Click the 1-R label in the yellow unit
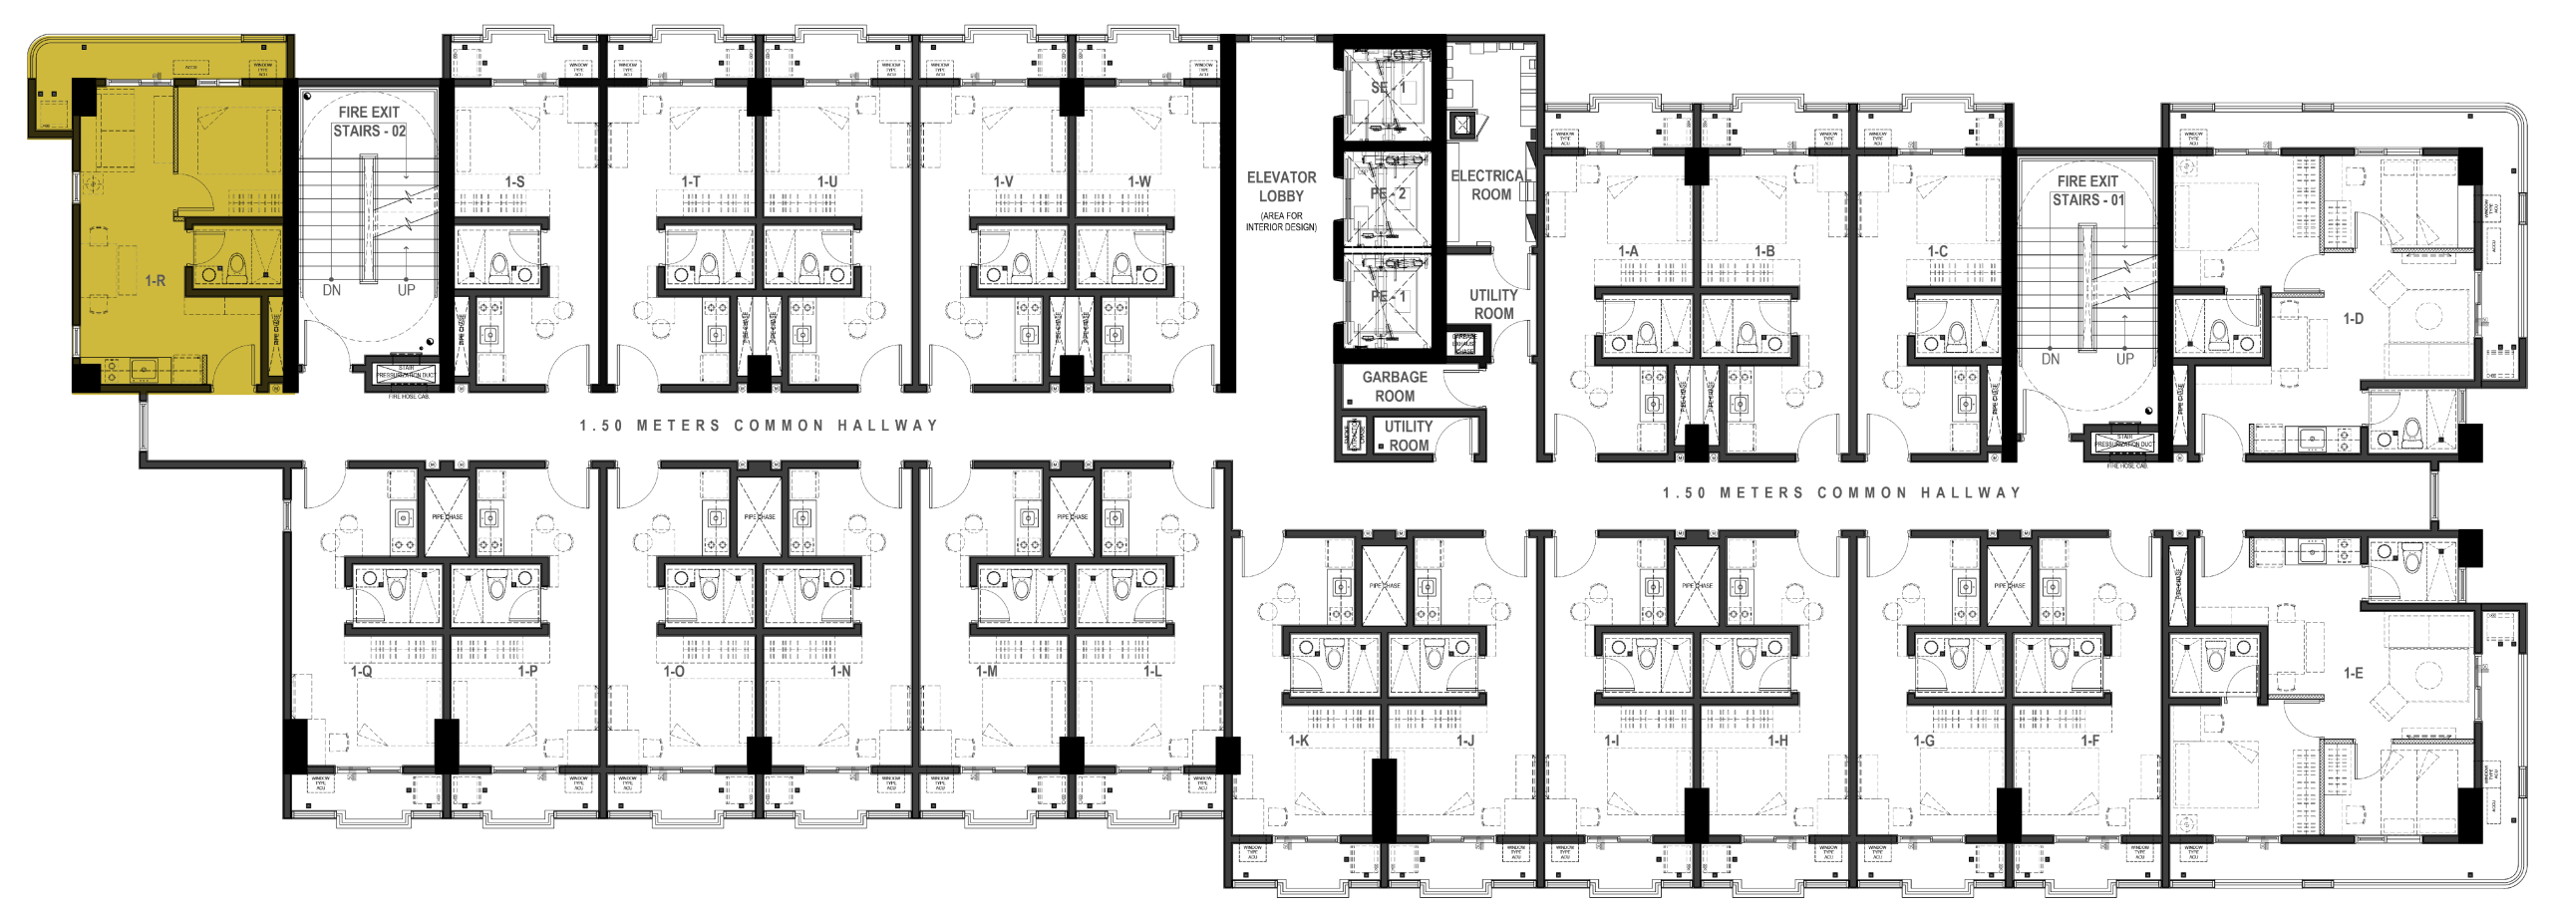pyautogui.click(x=156, y=281)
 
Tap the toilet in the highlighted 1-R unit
pyautogui.click(x=236, y=267)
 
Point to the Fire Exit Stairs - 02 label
pyautogui.click(x=369, y=122)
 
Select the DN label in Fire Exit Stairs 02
pyautogui.click(x=332, y=290)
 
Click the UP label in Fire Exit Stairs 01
pyautogui.click(x=2124, y=358)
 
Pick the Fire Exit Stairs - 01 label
pyautogui.click(x=2086, y=190)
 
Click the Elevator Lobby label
pyautogui.click(x=1281, y=186)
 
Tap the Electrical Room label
pyautogui.click(x=1490, y=185)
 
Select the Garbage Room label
pyautogui.click(x=1395, y=387)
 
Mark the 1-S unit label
pyautogui.click(x=514, y=182)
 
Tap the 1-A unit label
pyautogui.click(x=1628, y=251)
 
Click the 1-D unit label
pyautogui.click(x=2353, y=319)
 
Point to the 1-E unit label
pyautogui.click(x=2353, y=674)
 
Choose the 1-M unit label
pyautogui.click(x=986, y=672)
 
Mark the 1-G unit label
pyautogui.click(x=1924, y=741)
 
